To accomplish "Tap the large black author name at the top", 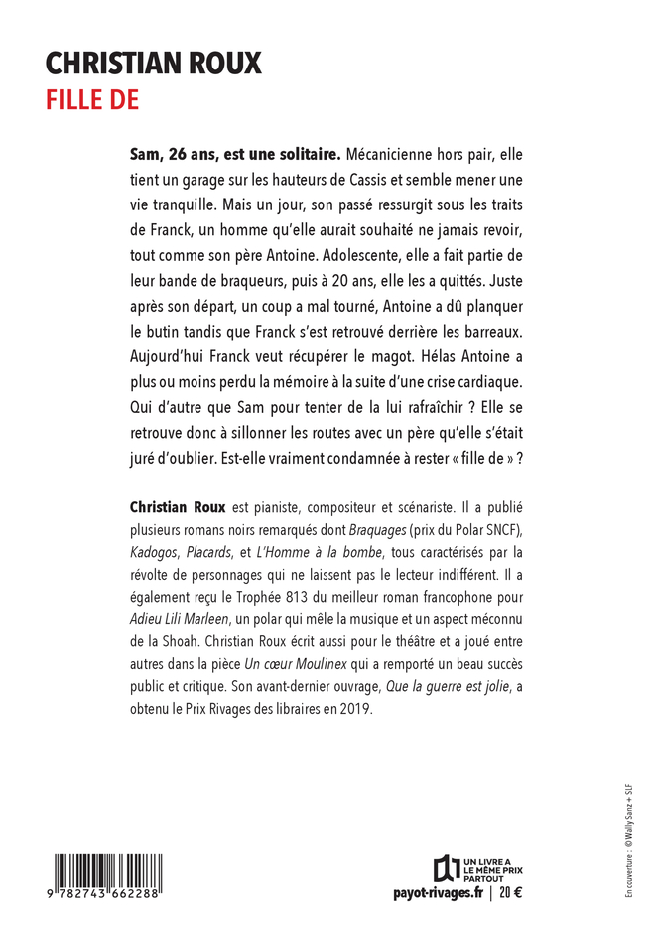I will tap(154, 64).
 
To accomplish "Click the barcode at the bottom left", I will tap(109, 873).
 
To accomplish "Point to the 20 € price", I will tap(511, 893).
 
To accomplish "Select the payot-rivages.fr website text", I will tap(438, 893).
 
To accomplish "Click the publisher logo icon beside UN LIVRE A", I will tap(446, 866).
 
